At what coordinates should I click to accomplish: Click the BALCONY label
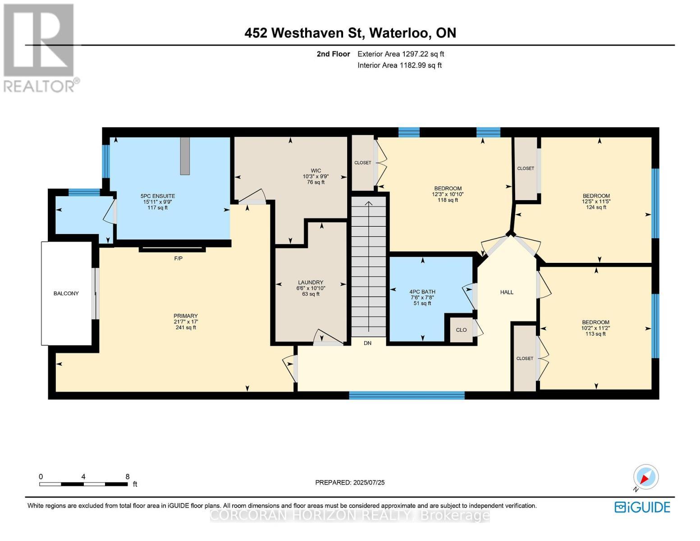(66, 293)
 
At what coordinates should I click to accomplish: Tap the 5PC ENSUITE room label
(158, 196)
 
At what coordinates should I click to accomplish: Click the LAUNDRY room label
(311, 283)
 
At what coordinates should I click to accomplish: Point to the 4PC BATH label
(422, 292)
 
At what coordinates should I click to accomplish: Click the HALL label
(507, 292)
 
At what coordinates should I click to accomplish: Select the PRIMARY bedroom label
(186, 316)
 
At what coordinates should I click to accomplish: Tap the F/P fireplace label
(178, 258)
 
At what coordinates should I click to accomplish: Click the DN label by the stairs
(367, 343)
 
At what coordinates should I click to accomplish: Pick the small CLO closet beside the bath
(461, 330)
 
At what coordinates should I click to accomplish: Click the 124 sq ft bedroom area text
(596, 207)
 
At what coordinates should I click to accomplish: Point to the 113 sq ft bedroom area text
(595, 334)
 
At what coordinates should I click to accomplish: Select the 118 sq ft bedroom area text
(448, 200)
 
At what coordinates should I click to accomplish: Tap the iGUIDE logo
(642, 507)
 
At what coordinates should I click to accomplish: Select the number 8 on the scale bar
(128, 477)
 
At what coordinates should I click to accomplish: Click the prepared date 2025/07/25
(369, 482)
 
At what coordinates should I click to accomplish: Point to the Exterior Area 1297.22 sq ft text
(401, 54)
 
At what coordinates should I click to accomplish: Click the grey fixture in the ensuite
(185, 156)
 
